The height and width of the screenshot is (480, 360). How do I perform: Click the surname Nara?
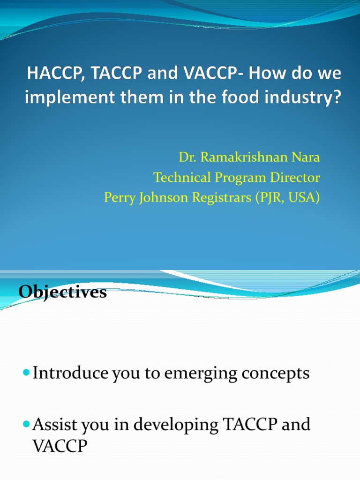tap(306, 157)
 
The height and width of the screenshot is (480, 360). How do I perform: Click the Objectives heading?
tap(63, 292)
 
